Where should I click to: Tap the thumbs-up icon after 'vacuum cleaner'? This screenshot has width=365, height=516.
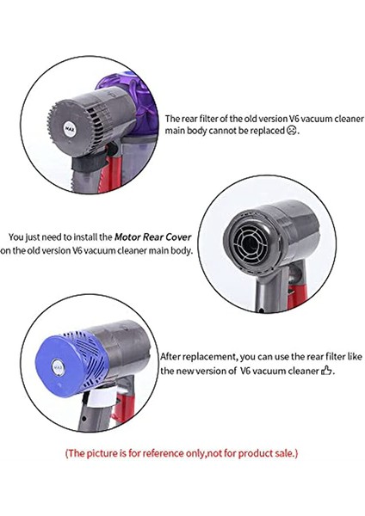pos(326,371)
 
